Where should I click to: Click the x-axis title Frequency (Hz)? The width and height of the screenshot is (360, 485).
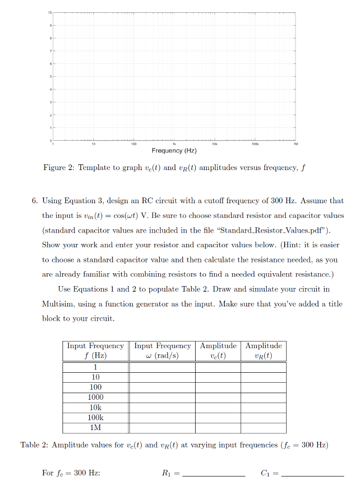click(x=174, y=151)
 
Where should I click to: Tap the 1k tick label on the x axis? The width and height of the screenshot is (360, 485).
click(x=174, y=143)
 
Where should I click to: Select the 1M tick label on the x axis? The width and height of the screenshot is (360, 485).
click(x=296, y=143)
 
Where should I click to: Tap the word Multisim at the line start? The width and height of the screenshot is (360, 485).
click(x=57, y=304)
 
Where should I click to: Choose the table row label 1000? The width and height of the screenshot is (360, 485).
click(x=96, y=397)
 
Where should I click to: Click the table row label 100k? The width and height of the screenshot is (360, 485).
click(x=96, y=418)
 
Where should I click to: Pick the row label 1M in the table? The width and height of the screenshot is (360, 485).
click(x=96, y=428)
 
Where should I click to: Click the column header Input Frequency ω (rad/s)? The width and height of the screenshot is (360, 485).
click(x=162, y=351)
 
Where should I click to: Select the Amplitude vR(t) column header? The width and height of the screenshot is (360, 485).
click(x=263, y=351)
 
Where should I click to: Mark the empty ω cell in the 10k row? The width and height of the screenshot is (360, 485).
click(x=162, y=408)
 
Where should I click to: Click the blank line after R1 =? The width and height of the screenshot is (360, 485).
click(x=214, y=474)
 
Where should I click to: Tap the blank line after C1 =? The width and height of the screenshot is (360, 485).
click(x=312, y=474)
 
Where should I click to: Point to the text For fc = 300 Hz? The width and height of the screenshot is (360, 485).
click(x=71, y=473)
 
